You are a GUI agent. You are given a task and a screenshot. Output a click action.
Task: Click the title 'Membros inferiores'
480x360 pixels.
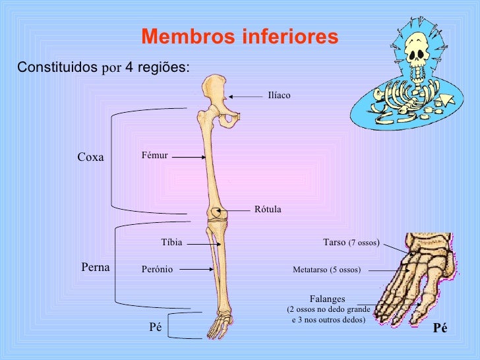click(x=239, y=37)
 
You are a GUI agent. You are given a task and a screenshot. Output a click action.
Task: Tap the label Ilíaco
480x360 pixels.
click(x=279, y=96)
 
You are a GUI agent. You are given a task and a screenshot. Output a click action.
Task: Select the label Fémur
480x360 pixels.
click(x=155, y=156)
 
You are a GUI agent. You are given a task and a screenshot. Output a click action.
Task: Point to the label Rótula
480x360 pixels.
click(x=268, y=210)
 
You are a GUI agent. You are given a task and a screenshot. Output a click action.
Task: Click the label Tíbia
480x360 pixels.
click(x=171, y=243)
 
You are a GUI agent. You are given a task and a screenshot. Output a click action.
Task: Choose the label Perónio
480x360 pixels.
click(x=157, y=269)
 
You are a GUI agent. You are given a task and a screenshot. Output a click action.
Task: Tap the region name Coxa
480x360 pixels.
click(x=91, y=157)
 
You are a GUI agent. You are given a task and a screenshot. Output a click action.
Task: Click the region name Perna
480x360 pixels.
click(x=95, y=267)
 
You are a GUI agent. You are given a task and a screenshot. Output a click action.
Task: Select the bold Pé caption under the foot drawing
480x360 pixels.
click(x=440, y=328)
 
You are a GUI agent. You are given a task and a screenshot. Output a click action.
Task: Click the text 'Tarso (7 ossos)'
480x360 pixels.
click(x=351, y=243)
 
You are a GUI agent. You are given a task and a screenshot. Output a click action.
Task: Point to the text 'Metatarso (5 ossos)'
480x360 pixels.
click(x=326, y=270)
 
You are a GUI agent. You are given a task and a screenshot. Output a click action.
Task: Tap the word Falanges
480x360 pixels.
click(x=328, y=299)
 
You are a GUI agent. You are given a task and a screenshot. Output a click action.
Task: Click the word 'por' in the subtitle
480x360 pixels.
click(x=107, y=67)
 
